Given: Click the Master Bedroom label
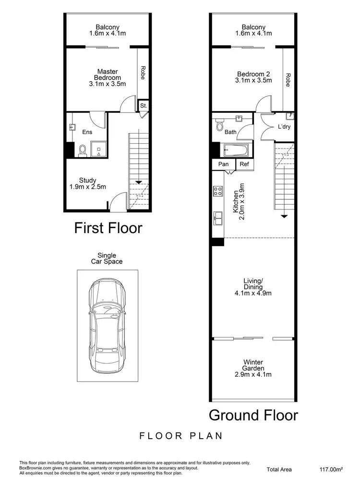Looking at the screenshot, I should [x=108, y=77].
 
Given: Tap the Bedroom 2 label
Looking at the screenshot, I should [x=254, y=77].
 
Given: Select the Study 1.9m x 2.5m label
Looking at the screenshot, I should [x=88, y=184].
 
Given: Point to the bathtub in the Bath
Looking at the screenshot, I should [x=236, y=151].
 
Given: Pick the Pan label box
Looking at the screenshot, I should [x=223, y=164].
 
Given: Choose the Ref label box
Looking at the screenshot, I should [x=244, y=164].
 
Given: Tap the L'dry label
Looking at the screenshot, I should [x=285, y=127].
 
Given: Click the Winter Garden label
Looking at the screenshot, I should [x=253, y=368].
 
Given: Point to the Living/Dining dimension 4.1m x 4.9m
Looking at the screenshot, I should [x=253, y=293].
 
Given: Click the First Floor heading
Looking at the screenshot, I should [x=108, y=228].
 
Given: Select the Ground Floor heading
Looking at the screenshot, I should [x=253, y=414].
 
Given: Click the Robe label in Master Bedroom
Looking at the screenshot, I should [x=142, y=72].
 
